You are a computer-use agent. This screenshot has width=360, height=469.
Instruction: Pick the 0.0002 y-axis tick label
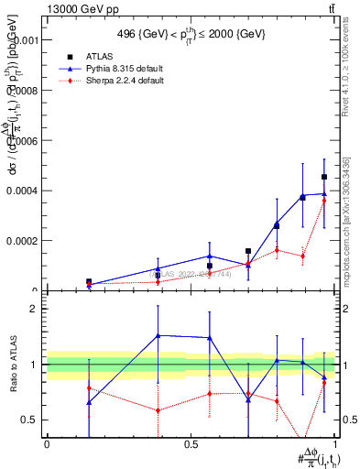22,241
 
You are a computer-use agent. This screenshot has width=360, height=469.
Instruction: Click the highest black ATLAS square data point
324,177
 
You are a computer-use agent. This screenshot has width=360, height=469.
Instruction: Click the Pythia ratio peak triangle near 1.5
158,335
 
